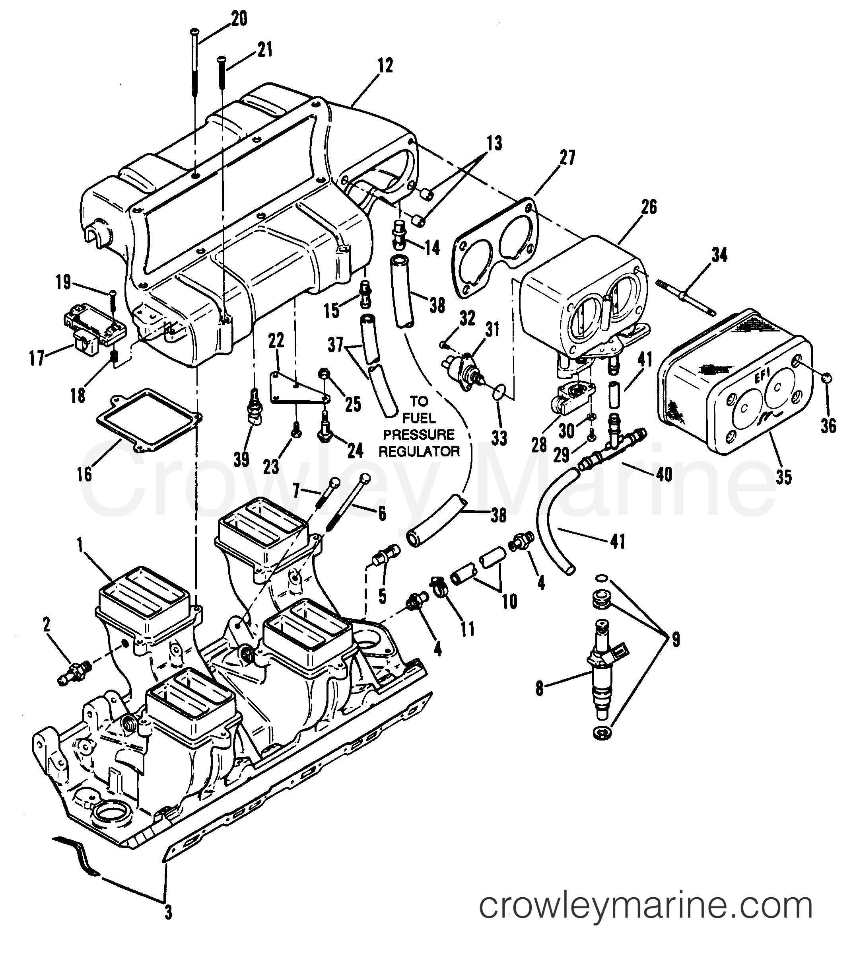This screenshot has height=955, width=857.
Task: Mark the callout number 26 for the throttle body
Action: pyautogui.click(x=649, y=207)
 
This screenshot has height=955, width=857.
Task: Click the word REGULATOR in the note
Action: pyautogui.click(x=419, y=451)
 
